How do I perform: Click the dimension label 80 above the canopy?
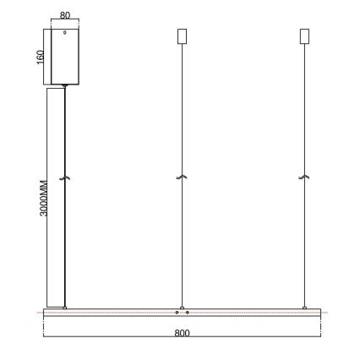tap(66, 16)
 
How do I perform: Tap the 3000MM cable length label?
tap(44, 198)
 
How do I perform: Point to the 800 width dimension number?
tap(182, 332)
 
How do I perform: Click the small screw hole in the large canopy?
tap(66, 34)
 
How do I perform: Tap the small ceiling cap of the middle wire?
tap(179, 36)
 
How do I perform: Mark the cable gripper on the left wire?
tap(66, 177)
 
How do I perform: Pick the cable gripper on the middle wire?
tap(179, 177)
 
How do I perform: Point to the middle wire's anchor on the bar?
tap(179, 306)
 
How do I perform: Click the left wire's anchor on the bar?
tap(66, 306)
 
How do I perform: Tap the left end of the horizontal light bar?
tap(46, 314)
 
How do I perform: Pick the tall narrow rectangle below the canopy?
tap(56, 196)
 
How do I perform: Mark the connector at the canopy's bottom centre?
tap(66, 85)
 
